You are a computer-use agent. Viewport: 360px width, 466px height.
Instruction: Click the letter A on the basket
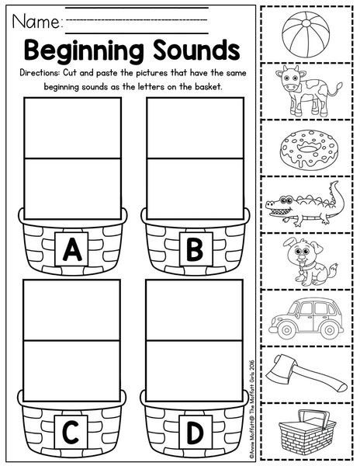point(71,249)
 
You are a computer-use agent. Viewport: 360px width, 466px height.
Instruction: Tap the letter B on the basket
point(195,249)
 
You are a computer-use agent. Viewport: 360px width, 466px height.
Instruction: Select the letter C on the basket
point(71,432)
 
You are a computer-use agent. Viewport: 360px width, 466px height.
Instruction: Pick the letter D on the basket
point(195,432)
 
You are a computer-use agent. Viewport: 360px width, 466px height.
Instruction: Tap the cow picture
point(307,90)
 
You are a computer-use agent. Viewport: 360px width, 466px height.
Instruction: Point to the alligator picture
point(305,204)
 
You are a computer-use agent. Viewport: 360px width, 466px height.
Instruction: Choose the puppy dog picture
point(307,262)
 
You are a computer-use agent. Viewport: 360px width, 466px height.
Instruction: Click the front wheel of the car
point(286,329)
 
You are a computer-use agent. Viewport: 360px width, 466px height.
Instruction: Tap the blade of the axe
point(278,367)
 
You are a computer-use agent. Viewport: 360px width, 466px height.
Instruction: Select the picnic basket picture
point(307,432)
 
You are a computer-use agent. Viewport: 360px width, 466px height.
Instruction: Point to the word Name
point(36,22)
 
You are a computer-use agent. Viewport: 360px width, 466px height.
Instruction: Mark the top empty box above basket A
point(73,128)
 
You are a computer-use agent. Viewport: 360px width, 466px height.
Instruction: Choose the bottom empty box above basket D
point(195,371)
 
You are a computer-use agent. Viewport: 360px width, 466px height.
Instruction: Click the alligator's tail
point(337,199)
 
